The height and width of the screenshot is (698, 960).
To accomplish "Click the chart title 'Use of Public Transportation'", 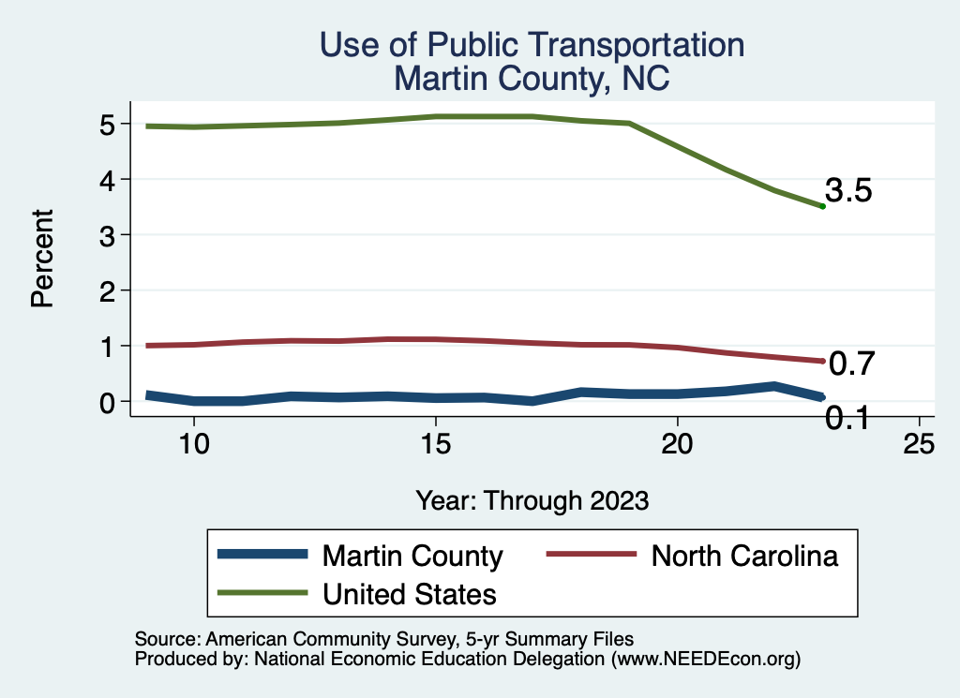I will pos(532,45).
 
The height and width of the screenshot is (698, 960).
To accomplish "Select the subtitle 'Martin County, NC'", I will pos(532,78).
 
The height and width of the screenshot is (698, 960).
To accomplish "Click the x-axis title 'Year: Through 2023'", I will pos(532,500).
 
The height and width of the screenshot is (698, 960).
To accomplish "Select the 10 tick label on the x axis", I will pos(193,444).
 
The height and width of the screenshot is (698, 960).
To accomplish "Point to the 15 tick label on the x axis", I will pos(435,444).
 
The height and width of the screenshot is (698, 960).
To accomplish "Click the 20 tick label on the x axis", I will pos(677,444).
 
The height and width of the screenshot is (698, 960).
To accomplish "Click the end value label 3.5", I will pos(849,191).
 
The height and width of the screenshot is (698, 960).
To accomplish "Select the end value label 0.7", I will pos(851,364).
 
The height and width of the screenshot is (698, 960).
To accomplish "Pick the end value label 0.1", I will pos(847,419).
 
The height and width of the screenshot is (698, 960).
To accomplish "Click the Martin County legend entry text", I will pos(412,556).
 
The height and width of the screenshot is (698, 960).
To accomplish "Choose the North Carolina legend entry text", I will pos(744,556).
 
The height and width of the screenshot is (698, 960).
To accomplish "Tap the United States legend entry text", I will pos(410,593).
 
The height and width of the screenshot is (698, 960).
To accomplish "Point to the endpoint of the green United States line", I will pos(822,206).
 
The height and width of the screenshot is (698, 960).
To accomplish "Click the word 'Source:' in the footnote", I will pos(166,640).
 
